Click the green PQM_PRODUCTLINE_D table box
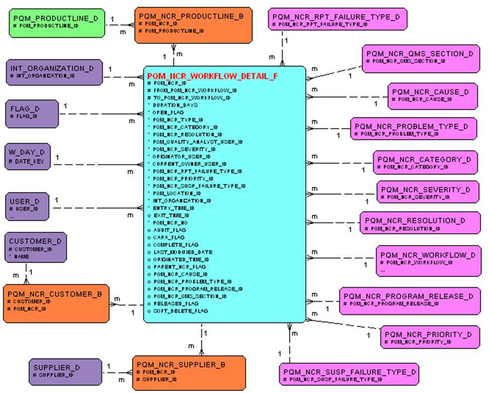[x=56, y=23]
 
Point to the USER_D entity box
[x=28, y=206]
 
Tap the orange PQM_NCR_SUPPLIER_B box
[x=189, y=372]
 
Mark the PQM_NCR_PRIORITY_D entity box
[x=430, y=337]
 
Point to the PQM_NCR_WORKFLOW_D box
[x=428, y=260]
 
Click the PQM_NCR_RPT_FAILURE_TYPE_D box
[x=338, y=20]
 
